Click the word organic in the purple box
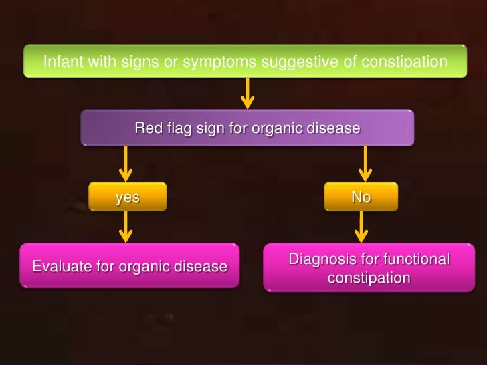[280, 127]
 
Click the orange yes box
[128, 197]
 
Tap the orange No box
[361, 197]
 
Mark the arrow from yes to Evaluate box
[125, 227]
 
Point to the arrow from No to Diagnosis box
[361, 227]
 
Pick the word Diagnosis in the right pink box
[320, 259]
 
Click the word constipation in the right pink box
[369, 277]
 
